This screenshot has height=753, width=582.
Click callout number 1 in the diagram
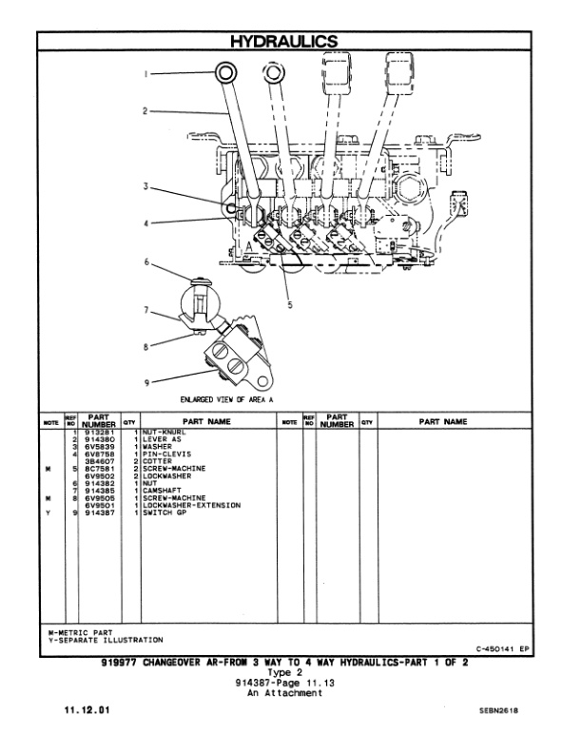point(147,73)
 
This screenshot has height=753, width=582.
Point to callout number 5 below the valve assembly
point(288,305)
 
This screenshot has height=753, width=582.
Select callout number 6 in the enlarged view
point(146,261)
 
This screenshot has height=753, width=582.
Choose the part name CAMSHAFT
point(165,492)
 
